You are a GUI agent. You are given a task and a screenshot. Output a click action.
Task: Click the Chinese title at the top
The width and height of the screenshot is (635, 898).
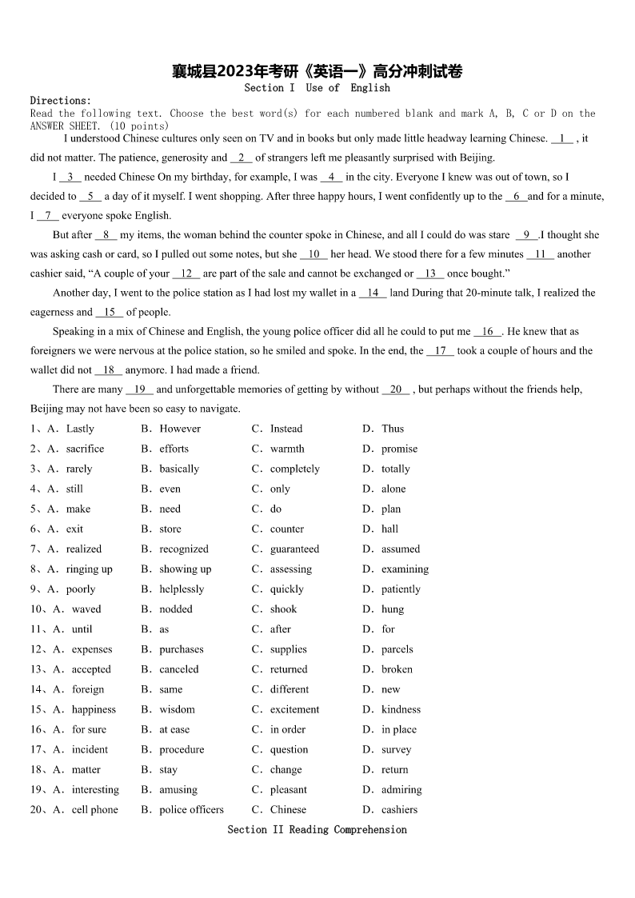click(317, 72)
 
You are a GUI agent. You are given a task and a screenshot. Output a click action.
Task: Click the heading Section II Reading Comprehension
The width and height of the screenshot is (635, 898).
click(317, 829)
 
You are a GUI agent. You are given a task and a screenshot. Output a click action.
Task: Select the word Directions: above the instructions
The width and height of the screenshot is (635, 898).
click(61, 101)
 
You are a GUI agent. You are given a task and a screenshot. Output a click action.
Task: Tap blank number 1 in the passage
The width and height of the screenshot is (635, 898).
click(562, 138)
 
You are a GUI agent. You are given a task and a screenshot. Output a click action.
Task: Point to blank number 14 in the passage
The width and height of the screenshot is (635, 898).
click(373, 293)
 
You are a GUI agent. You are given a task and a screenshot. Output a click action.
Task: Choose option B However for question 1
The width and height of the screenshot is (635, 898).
click(179, 429)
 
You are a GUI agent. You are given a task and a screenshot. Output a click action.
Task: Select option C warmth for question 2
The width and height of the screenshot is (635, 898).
click(286, 449)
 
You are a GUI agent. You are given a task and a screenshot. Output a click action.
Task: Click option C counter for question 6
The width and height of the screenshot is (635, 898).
click(286, 529)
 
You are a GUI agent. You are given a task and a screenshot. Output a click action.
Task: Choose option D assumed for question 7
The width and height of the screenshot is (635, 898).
click(400, 549)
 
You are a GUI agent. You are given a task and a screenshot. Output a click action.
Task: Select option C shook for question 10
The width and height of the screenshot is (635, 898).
click(283, 609)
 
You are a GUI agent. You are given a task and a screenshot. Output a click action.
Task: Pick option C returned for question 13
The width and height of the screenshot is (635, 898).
click(288, 669)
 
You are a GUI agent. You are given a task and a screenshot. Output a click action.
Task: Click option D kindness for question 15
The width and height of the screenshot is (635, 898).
click(401, 709)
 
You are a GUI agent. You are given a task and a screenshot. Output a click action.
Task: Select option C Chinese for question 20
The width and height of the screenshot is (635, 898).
click(288, 809)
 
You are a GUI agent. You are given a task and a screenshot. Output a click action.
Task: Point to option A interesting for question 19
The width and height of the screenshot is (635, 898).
click(94, 789)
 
